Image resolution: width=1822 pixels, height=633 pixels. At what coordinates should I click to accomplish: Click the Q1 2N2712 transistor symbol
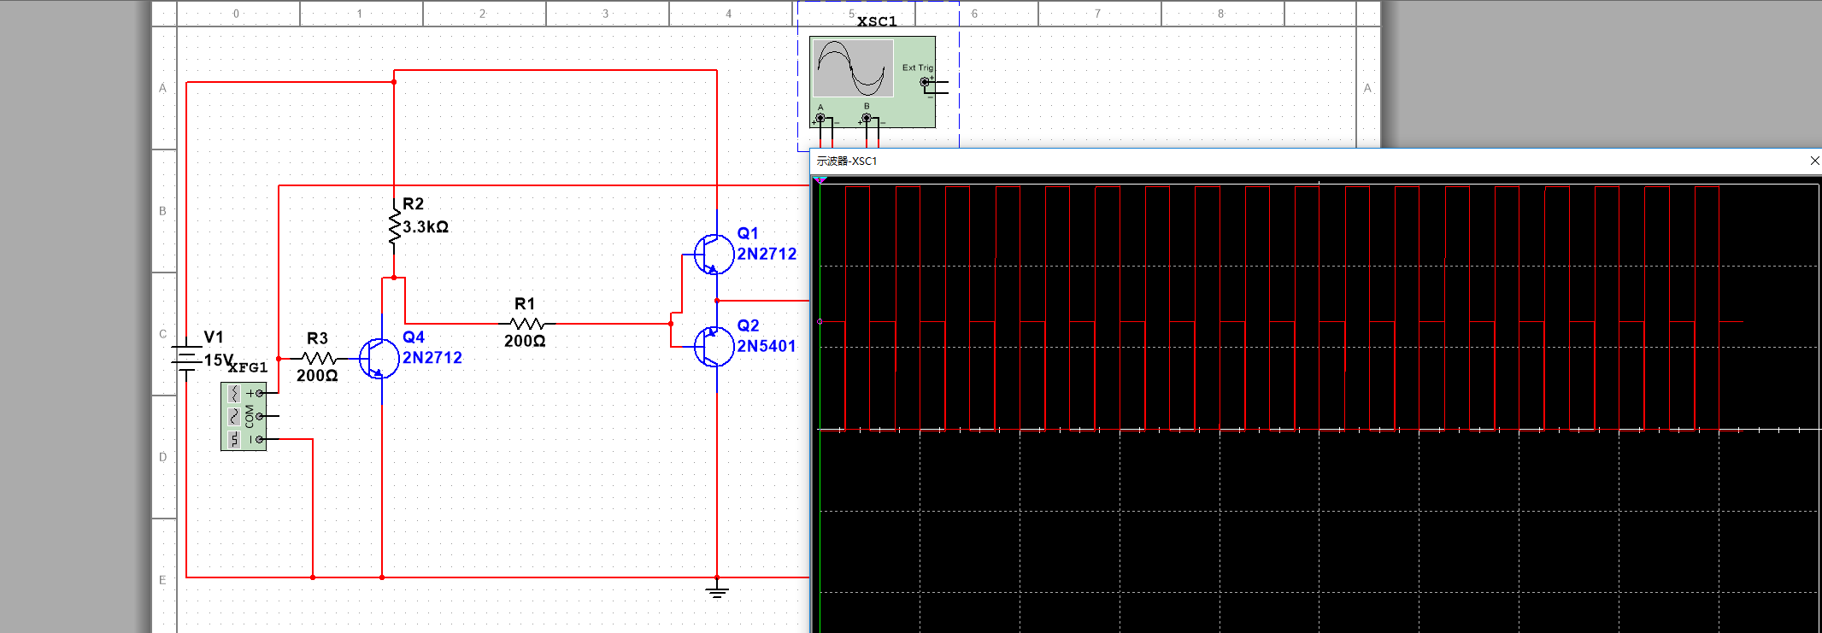714,254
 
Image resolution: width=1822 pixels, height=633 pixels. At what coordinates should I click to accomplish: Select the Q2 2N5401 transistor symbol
714,346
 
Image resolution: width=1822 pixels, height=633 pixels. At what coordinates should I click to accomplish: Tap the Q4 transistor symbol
379,358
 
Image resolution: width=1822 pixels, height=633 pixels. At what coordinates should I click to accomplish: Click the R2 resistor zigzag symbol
394,226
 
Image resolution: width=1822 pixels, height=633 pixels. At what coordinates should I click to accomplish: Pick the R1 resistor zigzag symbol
526,324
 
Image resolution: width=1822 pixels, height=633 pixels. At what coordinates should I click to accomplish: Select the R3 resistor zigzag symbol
319,359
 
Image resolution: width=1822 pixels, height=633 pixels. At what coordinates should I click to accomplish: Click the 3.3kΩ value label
426,227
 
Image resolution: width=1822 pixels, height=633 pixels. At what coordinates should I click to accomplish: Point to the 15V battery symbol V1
186,358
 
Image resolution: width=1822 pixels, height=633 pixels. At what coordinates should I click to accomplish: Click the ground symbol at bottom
717,591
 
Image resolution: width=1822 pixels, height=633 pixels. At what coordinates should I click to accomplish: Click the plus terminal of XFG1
260,393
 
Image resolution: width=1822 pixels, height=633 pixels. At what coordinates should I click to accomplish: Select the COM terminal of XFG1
260,416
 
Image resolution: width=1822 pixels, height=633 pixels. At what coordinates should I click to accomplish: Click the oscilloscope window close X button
1814,161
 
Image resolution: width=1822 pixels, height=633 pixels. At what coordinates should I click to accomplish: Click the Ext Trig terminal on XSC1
925,82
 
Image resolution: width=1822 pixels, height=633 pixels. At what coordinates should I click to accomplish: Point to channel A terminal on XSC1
820,118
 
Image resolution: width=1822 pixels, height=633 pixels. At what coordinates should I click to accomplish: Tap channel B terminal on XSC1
867,118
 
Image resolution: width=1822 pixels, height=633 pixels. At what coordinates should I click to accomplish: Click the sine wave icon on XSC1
851,67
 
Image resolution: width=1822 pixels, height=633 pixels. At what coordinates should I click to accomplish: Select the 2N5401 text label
767,346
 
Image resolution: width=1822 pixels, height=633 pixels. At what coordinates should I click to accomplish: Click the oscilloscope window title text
847,161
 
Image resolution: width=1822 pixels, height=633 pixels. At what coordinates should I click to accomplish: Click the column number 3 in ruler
606,14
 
